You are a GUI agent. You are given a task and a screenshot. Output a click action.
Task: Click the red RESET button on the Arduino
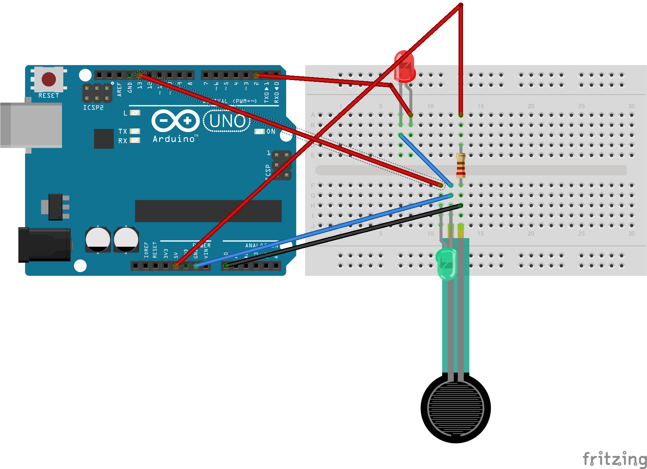pos(49,79)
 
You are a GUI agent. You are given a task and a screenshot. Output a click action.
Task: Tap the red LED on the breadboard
pos(405,67)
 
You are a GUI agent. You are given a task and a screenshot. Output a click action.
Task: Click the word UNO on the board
pos(227,121)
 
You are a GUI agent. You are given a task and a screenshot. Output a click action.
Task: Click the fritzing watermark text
pos(614,459)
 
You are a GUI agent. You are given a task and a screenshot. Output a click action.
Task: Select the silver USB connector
pos(31,125)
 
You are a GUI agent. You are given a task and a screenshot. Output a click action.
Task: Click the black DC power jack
pos(44,244)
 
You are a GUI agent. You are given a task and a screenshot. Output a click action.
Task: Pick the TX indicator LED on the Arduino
pos(135,131)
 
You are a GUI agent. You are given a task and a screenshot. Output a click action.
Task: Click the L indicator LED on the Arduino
pos(135,112)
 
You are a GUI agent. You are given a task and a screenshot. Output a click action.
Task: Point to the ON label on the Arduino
pos(271,131)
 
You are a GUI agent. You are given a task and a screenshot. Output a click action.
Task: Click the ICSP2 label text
pos(93,108)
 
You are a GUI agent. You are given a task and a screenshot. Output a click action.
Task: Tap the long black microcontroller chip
pos(208,211)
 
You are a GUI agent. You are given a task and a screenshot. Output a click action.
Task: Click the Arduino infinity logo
pos(175,121)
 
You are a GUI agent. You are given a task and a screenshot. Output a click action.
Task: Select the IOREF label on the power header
pos(146,250)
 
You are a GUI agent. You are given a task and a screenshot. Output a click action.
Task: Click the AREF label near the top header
pos(120,89)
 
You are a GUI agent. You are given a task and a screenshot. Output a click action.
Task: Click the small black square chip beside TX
pos(104,138)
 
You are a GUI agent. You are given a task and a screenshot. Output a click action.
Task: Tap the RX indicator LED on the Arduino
pos(135,140)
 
